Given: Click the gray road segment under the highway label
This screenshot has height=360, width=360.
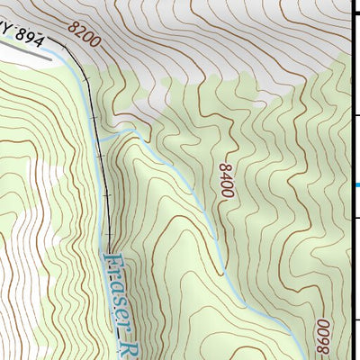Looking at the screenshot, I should click(x=27, y=53).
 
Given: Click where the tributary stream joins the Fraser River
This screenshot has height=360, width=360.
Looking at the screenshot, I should click(x=102, y=141).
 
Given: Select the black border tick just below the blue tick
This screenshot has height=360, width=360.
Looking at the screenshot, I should click(x=356, y=218).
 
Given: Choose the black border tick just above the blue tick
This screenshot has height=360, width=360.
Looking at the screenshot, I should click(x=356, y=115).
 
